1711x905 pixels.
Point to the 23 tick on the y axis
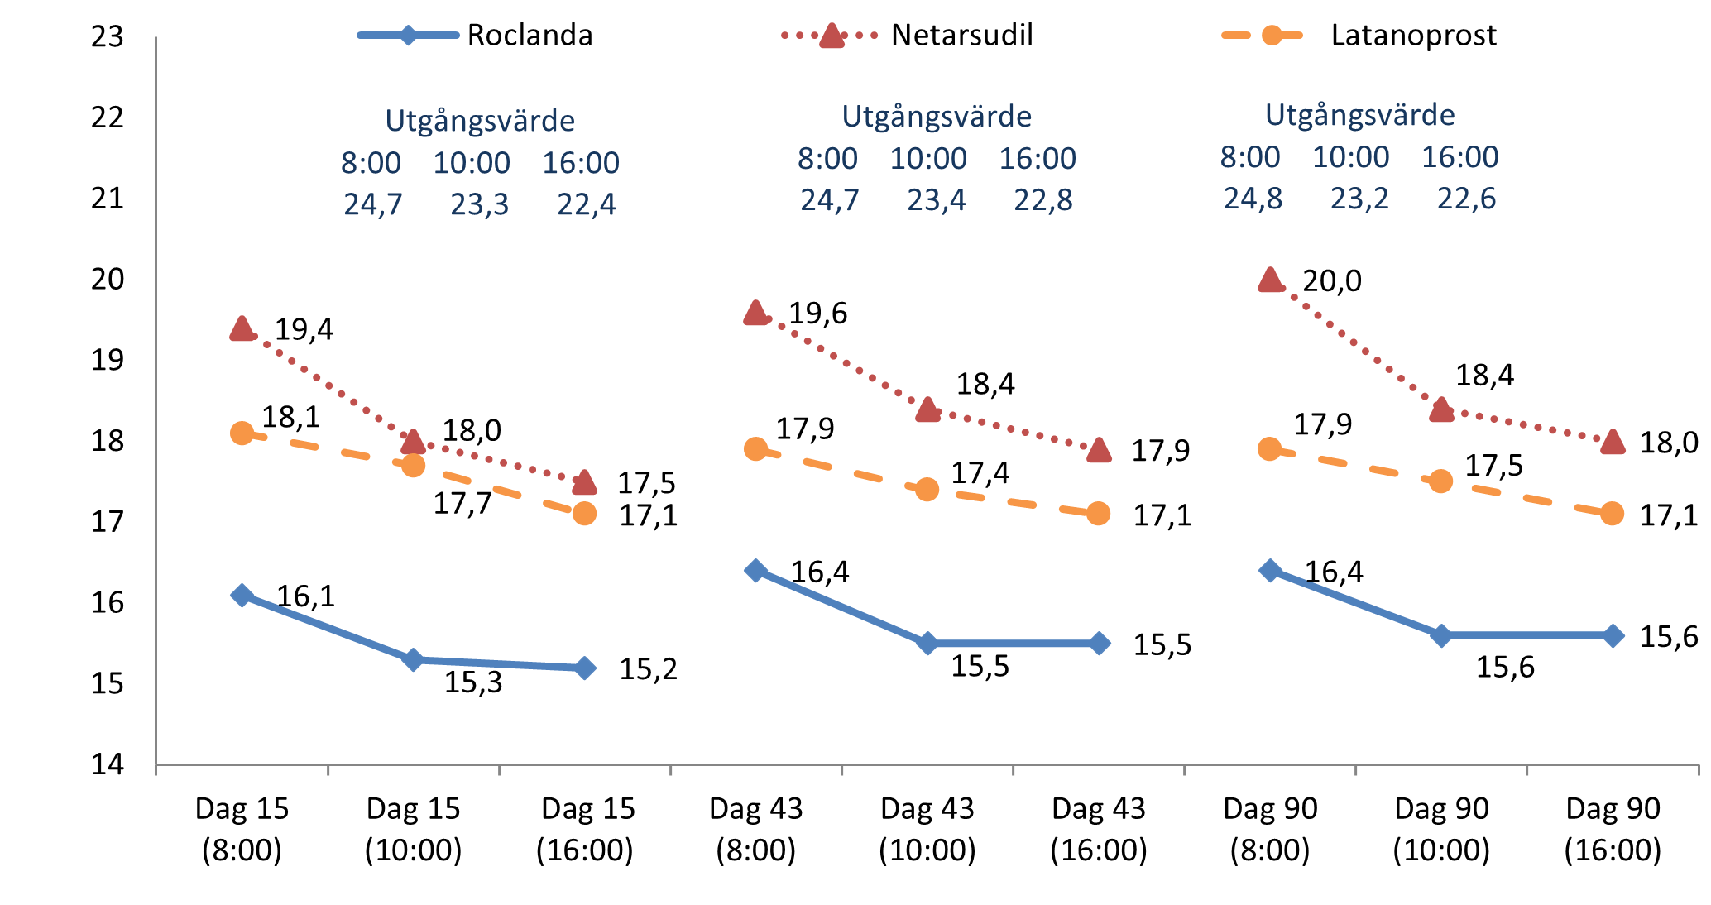108,37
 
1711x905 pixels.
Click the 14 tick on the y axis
108,764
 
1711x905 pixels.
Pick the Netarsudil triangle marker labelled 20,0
1270,280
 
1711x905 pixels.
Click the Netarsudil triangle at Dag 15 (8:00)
242,328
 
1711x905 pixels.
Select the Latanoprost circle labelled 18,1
242,433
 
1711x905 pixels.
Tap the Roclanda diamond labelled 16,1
242,595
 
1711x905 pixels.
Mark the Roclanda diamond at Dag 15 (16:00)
585,668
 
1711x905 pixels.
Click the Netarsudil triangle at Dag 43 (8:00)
755,313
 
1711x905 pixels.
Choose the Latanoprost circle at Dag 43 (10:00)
927,489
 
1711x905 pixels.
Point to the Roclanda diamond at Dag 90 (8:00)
1270,570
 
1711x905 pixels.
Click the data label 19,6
817,314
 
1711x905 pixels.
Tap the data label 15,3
473,682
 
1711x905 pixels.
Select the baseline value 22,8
1043,200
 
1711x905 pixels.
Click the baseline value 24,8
1253,199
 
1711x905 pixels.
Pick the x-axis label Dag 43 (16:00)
1099,829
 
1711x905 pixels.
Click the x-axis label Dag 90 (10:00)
1441,829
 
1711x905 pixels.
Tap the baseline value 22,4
586,204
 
